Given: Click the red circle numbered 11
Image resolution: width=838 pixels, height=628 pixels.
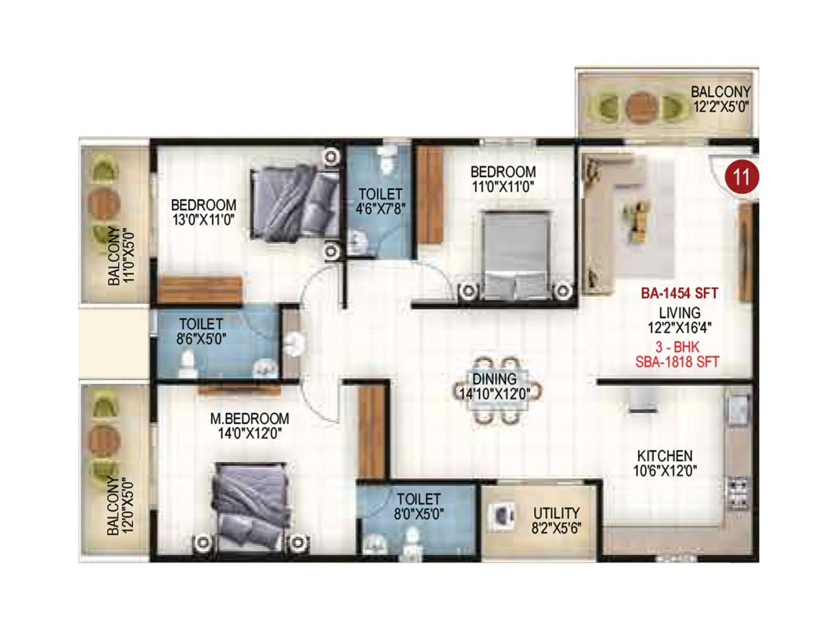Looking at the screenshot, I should pyautogui.click(x=742, y=177).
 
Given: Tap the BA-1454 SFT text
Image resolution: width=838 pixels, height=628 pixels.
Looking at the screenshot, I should pyautogui.click(x=679, y=293).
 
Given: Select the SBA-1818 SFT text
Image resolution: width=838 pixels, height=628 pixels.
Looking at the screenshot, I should pyautogui.click(x=677, y=362).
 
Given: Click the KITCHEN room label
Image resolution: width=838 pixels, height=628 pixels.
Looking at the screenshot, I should pyautogui.click(x=665, y=456).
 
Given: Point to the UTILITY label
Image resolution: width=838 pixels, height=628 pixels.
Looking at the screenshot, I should pyautogui.click(x=556, y=513).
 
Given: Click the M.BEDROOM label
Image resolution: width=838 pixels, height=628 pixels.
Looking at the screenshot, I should pyautogui.click(x=250, y=419).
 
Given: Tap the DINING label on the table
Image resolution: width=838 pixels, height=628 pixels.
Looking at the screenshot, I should pyautogui.click(x=494, y=379).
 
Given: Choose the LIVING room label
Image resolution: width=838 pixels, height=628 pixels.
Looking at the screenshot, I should pyautogui.click(x=680, y=313).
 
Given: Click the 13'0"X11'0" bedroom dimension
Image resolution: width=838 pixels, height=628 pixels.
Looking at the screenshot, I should pyautogui.click(x=203, y=220).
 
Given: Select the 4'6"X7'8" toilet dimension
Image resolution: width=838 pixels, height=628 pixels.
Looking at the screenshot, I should pyautogui.click(x=381, y=209).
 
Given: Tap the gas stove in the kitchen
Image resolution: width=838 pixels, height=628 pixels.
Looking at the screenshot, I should pyautogui.click(x=738, y=494).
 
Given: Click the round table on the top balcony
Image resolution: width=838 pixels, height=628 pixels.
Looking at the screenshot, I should pyautogui.click(x=642, y=107).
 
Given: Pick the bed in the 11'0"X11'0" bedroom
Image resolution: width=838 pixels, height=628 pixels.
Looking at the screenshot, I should pyautogui.click(x=516, y=254).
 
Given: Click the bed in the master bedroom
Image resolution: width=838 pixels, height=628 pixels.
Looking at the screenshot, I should pyautogui.click(x=251, y=505).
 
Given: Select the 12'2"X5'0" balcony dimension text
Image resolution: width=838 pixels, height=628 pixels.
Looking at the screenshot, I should pyautogui.click(x=721, y=107).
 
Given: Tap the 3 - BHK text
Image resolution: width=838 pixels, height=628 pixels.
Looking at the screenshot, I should pyautogui.click(x=677, y=347).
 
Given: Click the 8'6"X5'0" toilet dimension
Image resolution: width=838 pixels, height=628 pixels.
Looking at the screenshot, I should pyautogui.click(x=201, y=339).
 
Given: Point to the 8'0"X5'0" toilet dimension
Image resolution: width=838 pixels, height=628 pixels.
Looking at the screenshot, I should pyautogui.click(x=419, y=514).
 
